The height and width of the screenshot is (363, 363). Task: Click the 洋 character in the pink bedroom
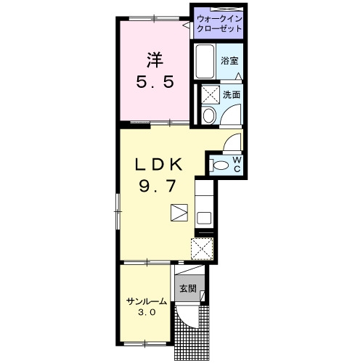point(155,60)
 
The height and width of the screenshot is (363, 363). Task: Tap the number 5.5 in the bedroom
point(155,82)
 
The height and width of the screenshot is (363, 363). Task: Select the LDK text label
point(158,165)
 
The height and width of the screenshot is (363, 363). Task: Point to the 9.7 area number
point(158,187)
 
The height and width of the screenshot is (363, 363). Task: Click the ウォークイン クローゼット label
point(219,24)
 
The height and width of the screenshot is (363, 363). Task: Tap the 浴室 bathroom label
point(229,61)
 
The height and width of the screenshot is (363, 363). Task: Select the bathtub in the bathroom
point(205,62)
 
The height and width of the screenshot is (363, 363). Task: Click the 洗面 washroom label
point(232,95)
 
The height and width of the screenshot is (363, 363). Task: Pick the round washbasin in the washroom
point(209,115)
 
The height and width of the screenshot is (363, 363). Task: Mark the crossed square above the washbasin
point(211,94)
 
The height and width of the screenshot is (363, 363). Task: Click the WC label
point(237,165)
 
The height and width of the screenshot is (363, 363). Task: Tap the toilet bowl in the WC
point(219,166)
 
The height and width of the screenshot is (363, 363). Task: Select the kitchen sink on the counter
point(204,218)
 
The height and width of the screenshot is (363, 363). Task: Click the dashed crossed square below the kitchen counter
point(202,249)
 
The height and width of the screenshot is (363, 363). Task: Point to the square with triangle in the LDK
point(179,213)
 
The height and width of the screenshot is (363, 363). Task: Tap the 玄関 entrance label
point(188,288)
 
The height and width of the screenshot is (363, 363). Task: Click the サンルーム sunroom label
point(147,301)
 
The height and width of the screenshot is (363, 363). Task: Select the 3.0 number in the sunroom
point(147,313)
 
